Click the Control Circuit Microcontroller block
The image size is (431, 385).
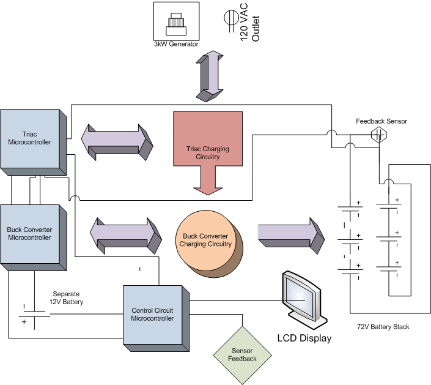tap(153, 314)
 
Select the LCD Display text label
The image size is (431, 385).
tap(304, 338)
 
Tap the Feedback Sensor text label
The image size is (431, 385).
tap(381, 121)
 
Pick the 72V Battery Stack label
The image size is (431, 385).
tap(384, 327)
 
